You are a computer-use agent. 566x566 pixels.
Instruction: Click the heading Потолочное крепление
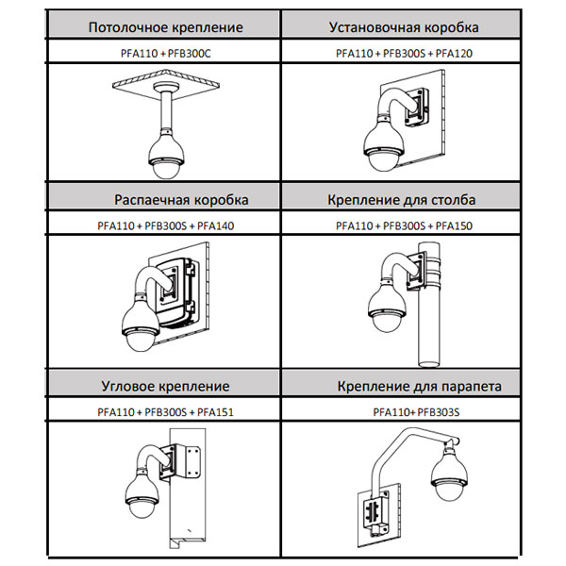[165, 28]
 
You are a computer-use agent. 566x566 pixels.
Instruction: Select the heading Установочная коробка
[403, 28]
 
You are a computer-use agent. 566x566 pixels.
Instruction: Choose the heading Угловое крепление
[165, 387]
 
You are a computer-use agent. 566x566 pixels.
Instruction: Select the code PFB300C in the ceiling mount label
[191, 54]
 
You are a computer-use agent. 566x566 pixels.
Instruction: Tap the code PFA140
[214, 226]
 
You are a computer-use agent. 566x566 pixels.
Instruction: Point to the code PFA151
[214, 412]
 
